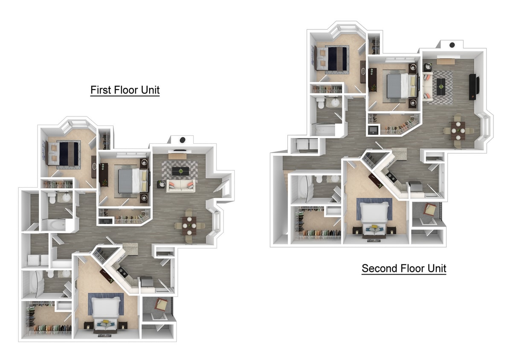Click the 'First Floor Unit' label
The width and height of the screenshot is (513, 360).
(125, 90)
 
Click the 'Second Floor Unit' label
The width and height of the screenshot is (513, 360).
(404, 269)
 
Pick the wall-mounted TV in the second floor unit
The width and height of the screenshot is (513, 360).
(473, 87)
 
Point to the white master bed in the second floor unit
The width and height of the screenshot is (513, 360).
(374, 212)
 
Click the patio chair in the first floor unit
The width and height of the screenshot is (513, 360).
(162, 305)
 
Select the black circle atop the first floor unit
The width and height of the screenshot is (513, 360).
(183, 139)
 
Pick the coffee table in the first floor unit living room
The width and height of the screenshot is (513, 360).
(181, 171)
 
